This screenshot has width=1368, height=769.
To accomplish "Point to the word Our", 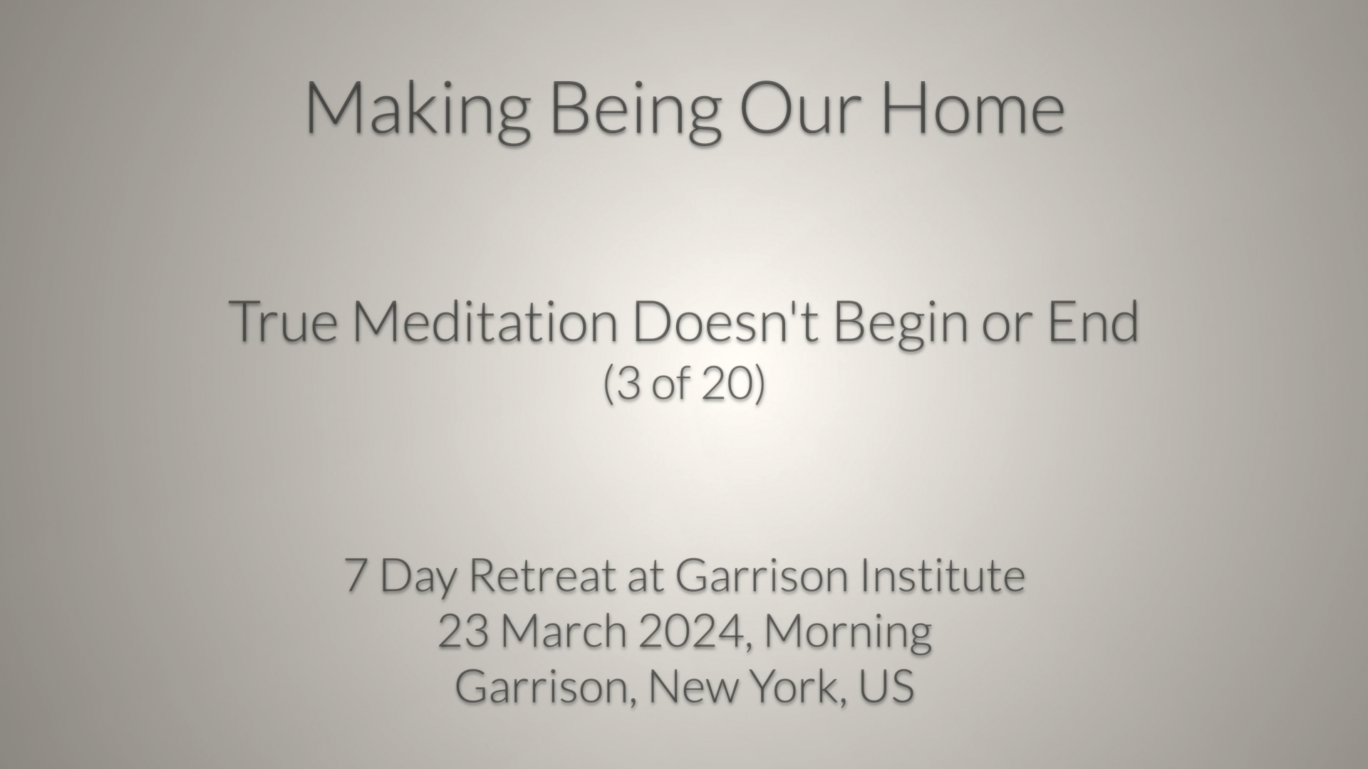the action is pos(802,108).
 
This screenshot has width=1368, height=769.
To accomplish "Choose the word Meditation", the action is pos(485,321).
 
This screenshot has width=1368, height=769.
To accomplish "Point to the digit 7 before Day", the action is pos(356,575).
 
